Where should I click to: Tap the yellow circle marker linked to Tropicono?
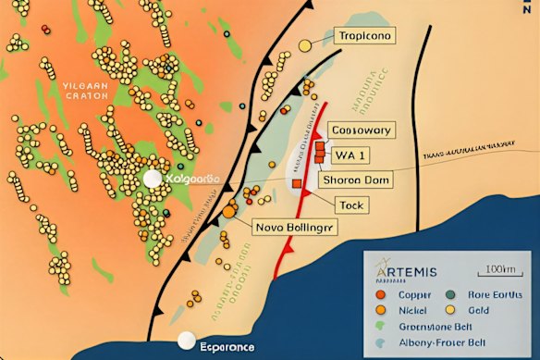tap(305, 45)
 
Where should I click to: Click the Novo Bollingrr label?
tap(295, 226)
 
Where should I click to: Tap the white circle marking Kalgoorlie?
tap(151, 179)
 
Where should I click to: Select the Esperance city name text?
tap(227, 347)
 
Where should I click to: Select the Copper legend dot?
tap(381, 295)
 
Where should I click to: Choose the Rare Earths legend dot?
tap(451, 295)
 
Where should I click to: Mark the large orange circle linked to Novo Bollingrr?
tap(229, 212)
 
